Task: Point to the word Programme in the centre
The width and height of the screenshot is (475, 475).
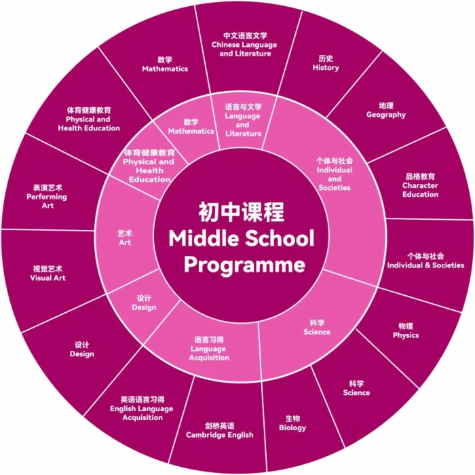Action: point(244,265)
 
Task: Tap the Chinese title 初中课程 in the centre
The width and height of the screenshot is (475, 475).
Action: point(242,212)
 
